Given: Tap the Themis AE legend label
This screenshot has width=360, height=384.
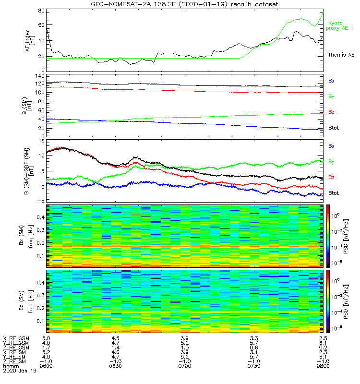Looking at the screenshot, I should (x=341, y=55).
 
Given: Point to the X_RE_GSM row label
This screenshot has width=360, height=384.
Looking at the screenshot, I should (x=15, y=338).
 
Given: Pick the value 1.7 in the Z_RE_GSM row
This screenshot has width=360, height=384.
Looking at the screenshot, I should (x=47, y=348).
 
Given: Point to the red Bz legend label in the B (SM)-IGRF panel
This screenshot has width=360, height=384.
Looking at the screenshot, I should (x=331, y=178).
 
